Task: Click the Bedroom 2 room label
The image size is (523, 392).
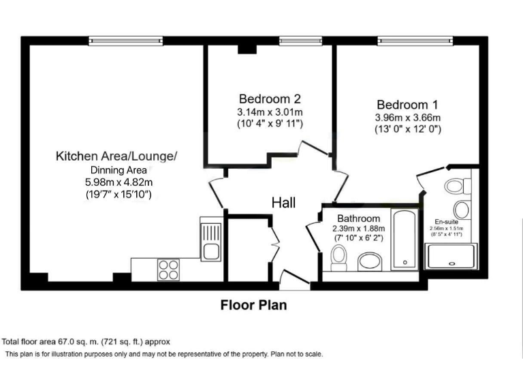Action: [x=269, y=98]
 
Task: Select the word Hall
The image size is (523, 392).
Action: [x=283, y=203]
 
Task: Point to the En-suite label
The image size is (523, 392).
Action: [x=447, y=221]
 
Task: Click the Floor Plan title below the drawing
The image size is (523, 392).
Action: [x=253, y=305]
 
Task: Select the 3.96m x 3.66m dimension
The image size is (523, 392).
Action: [x=407, y=118]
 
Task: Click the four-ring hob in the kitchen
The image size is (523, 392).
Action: [x=168, y=269]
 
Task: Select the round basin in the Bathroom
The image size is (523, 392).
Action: [x=371, y=261]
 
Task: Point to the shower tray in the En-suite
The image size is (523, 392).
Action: [x=451, y=257]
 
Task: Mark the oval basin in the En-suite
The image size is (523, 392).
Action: [x=462, y=208]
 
